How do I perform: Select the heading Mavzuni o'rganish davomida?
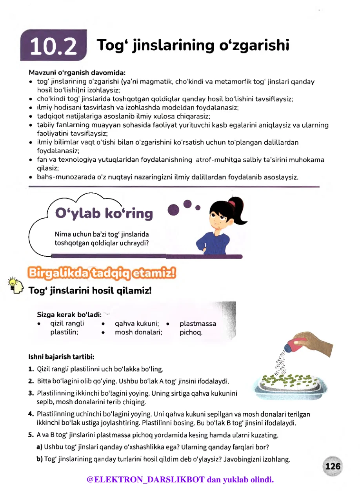pyautogui.click(x=77, y=73)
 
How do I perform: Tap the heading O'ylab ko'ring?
pyautogui.click(x=104, y=213)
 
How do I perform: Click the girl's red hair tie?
pyautogui.click(x=233, y=203)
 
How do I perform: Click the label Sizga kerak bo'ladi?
pyautogui.click(x=69, y=314)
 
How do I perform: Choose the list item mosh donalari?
pyautogui.click(x=138, y=332)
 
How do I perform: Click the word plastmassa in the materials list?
pyautogui.click(x=198, y=324)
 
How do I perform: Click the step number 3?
pyautogui.click(x=31, y=393)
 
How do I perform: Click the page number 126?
pyautogui.click(x=333, y=467)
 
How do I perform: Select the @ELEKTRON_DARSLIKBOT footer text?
pyautogui.click(x=180, y=480)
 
